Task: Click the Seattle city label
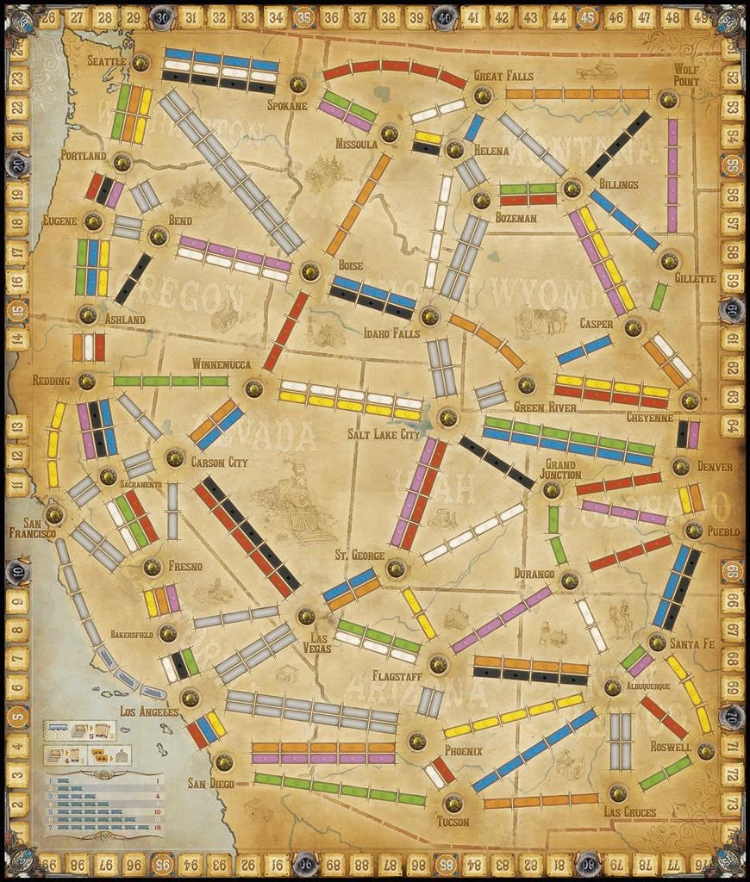click(x=107, y=61)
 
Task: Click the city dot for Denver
click(x=680, y=466)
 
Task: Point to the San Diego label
click(x=210, y=783)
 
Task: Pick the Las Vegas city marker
click(x=304, y=616)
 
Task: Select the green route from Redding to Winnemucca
click(x=171, y=381)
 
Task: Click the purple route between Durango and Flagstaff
click(x=501, y=619)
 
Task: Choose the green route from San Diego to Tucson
click(x=340, y=789)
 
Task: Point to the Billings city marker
click(x=571, y=187)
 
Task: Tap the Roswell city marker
click(x=706, y=750)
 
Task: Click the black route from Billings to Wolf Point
click(x=617, y=145)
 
